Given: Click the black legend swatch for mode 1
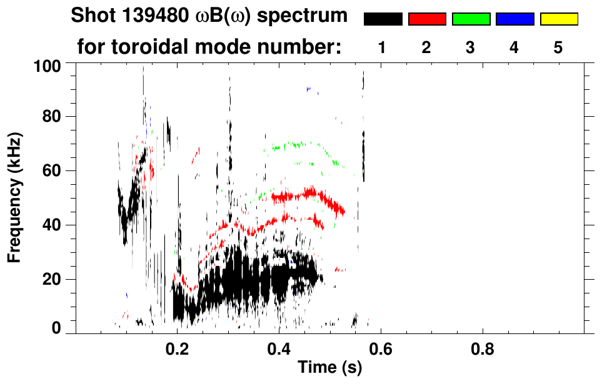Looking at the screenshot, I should tap(383, 19).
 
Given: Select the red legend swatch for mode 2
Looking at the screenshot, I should tap(427, 19).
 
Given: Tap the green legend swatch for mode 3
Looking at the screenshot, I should tap(471, 19).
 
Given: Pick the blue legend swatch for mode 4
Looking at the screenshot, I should tap(514, 19).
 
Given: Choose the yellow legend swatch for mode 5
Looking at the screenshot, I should tap(558, 19).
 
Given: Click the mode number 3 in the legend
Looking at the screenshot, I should tap(471, 47).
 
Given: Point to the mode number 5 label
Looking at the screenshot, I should tap(558, 47).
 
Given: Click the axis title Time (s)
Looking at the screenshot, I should tap(329, 368).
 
